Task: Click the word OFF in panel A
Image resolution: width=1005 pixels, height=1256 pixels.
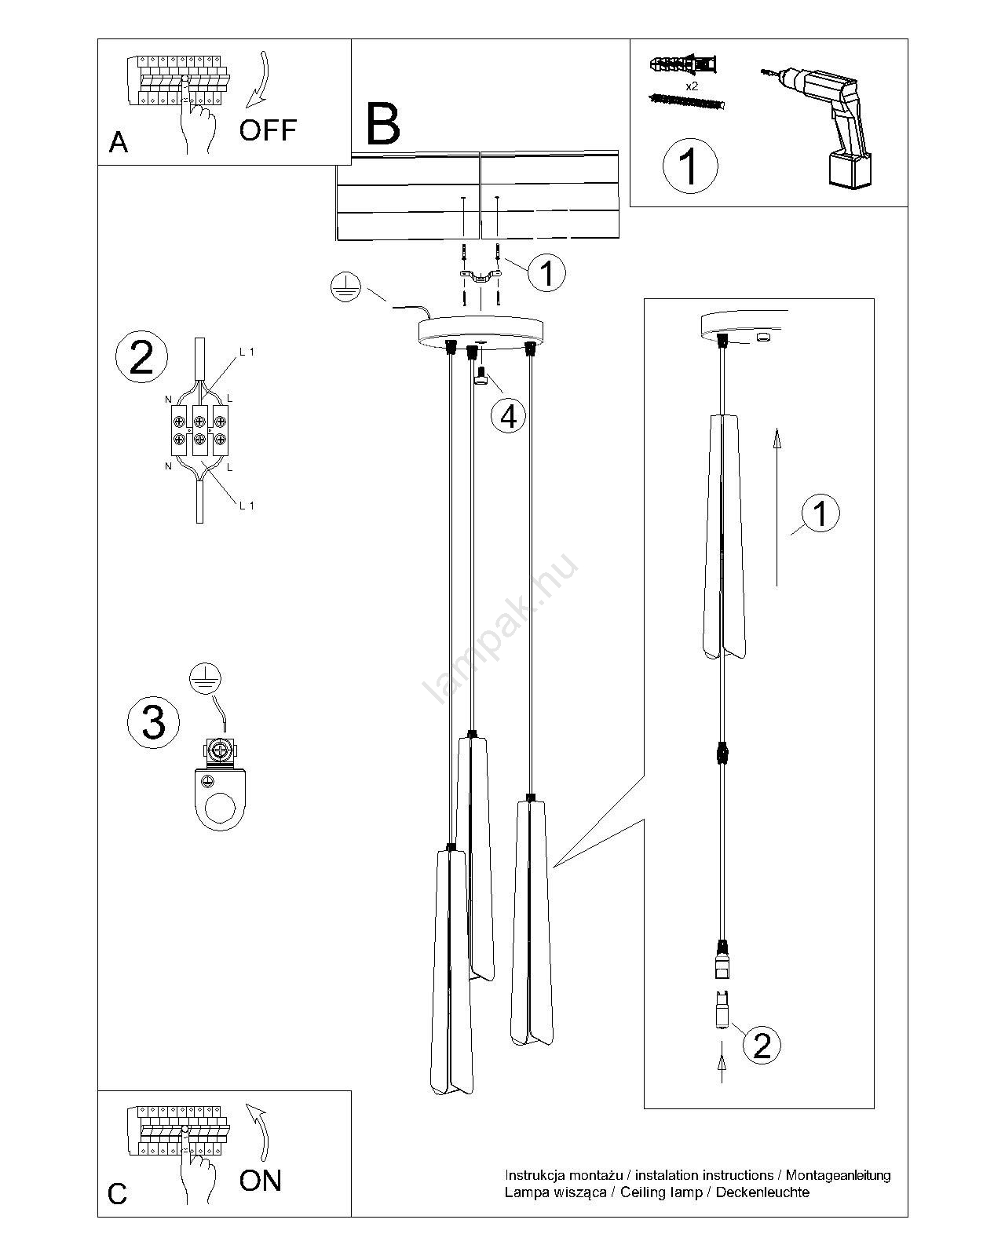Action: pos(268,130)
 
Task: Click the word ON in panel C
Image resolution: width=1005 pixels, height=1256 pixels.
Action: pos(260,1180)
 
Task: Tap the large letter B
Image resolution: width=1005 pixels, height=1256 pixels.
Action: pos(383,125)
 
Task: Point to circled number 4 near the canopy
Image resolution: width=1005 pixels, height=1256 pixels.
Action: pos(509,415)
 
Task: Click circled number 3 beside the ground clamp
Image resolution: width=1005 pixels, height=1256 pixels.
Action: pos(152,721)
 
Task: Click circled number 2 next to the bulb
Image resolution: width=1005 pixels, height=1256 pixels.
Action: pos(761,1045)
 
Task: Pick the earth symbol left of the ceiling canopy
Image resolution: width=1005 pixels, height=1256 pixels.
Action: pos(345,287)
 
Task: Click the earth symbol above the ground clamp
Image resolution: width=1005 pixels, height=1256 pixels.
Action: pos(206,680)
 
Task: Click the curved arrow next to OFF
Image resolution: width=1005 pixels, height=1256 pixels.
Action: pos(260,78)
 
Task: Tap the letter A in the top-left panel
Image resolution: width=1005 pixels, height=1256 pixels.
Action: pos(119,142)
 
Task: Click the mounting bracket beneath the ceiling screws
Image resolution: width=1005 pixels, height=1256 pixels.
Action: pos(480,276)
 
